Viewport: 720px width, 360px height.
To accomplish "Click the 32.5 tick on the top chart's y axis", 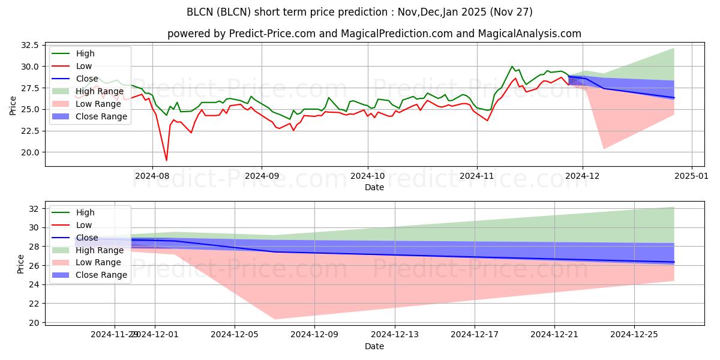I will click(29, 45).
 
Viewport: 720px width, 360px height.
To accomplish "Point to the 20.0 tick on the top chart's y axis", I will click(29, 152).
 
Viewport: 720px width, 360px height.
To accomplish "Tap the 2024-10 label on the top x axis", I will click(368, 176).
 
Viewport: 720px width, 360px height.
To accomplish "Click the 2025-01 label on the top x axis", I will click(692, 176).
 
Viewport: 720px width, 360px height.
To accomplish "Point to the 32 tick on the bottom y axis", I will click(34, 208).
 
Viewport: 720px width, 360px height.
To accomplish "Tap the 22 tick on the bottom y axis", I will click(34, 304).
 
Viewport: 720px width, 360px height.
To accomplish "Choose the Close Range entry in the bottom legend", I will click(101, 275).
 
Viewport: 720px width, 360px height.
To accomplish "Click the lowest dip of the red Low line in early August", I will click(166, 160).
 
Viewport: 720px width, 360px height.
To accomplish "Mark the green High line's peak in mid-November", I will click(512, 66).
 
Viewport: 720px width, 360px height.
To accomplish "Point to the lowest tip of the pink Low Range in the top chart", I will click(604, 149).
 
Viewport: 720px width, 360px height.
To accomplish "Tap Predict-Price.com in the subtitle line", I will click(273, 34).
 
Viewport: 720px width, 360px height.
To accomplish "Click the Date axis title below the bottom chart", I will click(374, 347).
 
